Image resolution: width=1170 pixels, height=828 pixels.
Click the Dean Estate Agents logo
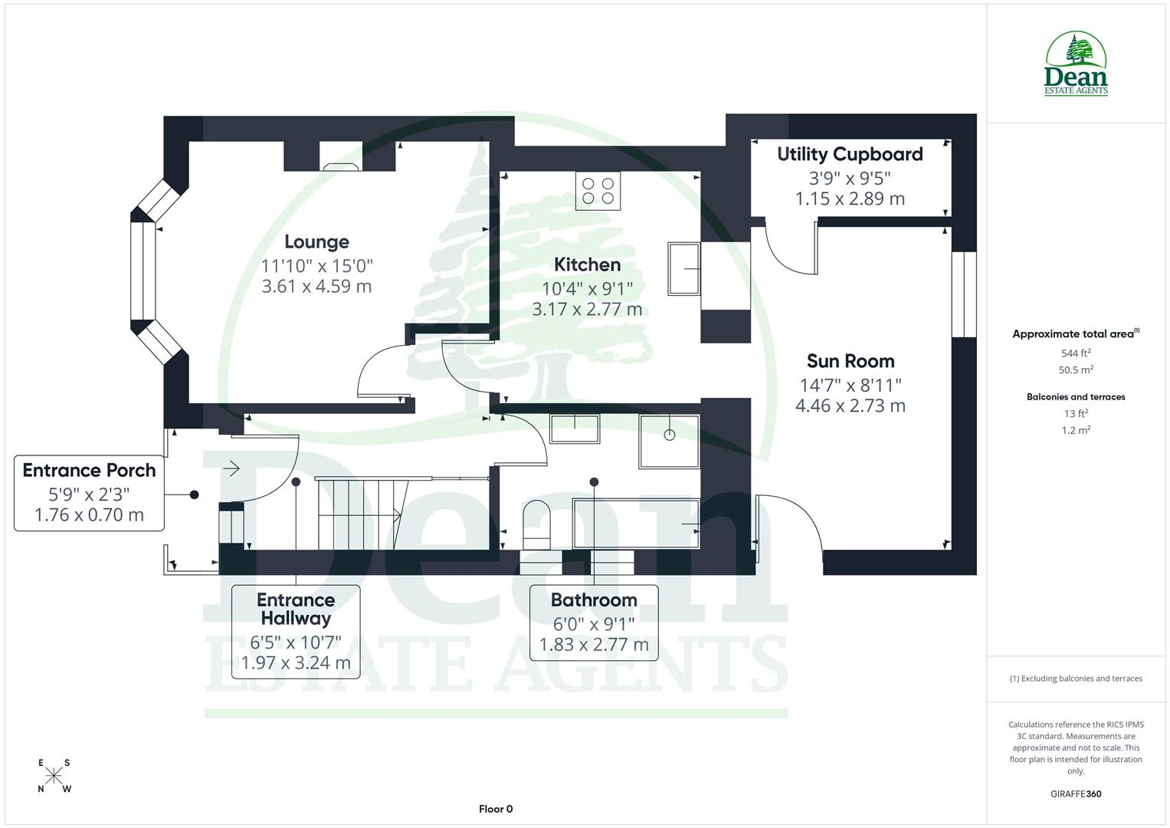1076,64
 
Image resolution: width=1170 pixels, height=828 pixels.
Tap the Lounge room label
316,242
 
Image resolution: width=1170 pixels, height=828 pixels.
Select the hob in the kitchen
598,190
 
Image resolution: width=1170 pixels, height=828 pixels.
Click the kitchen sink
684,268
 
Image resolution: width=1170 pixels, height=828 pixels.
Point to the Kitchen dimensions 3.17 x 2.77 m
587,310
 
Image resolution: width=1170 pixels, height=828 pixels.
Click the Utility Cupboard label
850,154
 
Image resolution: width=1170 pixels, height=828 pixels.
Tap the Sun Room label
850,361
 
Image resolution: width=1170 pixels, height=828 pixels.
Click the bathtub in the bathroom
636,523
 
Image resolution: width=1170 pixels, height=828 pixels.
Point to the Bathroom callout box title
594,600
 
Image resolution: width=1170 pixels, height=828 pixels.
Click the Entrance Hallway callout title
296,609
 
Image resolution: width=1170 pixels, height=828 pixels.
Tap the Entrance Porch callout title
89,471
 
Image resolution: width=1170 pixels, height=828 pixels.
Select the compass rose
54,776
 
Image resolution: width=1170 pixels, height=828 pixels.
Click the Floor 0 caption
496,809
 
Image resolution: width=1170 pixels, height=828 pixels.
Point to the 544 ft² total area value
1076,353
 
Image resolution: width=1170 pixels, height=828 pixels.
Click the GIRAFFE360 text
1076,794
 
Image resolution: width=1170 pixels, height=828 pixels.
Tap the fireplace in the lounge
340,164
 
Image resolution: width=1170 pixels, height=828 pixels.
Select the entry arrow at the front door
231,468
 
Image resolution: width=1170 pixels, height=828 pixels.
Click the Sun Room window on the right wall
963,294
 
